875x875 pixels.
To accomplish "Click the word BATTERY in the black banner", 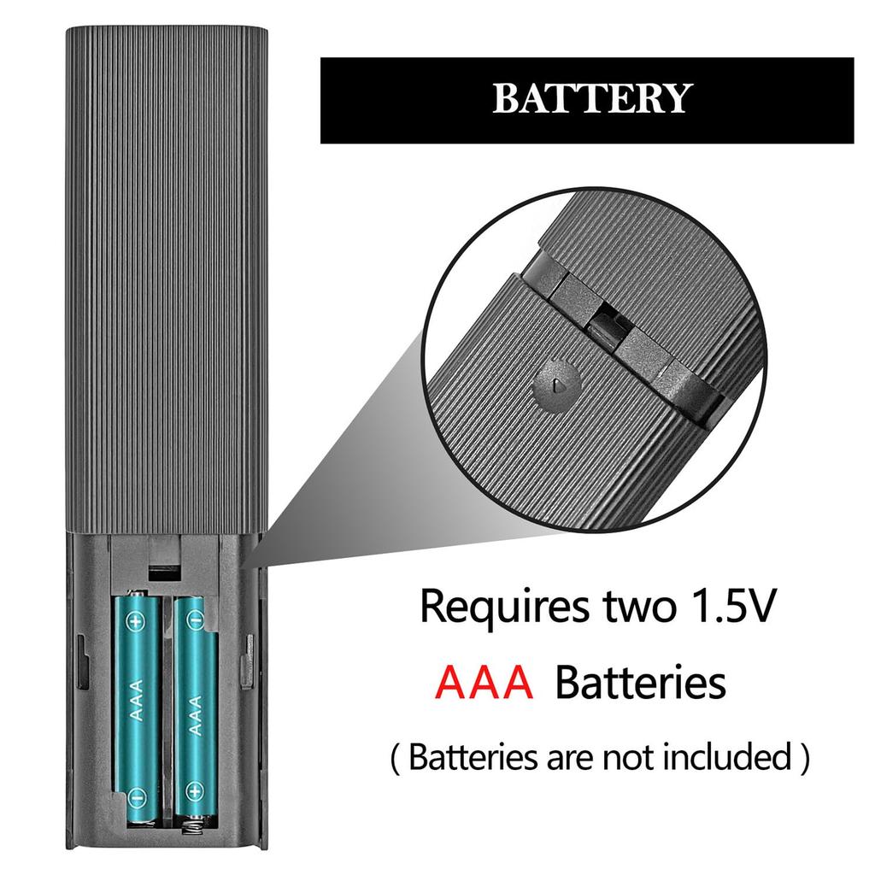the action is click(x=592, y=98).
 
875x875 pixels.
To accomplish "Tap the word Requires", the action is click(x=503, y=608).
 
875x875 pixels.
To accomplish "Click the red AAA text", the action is click(x=484, y=682).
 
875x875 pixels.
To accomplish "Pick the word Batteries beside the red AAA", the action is click(x=640, y=682).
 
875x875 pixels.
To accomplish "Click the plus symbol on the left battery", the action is click(x=136, y=620).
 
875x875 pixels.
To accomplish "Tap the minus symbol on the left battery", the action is click(x=136, y=797).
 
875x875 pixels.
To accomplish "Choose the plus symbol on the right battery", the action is click(x=195, y=790).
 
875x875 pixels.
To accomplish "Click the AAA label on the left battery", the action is click(x=136, y=701).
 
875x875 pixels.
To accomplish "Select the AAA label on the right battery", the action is click(x=195, y=715).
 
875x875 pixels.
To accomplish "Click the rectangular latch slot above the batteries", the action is click(x=164, y=572).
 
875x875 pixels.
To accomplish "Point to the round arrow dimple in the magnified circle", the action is click(x=557, y=384).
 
